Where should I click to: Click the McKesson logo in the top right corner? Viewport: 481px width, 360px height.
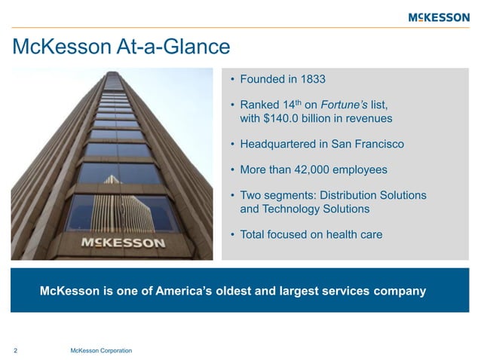[x=438, y=17]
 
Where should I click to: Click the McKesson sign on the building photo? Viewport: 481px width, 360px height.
[x=123, y=243]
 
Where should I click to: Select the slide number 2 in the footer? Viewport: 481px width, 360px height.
[x=16, y=351]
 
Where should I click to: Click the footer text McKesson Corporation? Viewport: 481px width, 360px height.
[x=100, y=351]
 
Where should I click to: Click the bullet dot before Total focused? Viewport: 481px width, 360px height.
[x=233, y=235]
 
